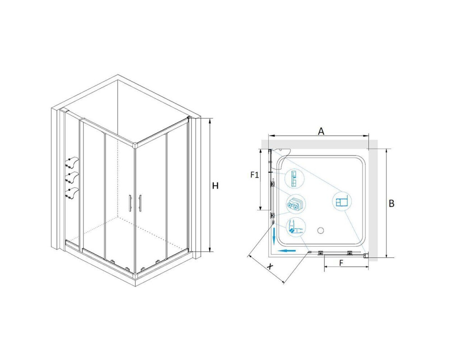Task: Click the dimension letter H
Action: pyautogui.click(x=215, y=186)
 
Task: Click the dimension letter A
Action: pyautogui.click(x=321, y=131)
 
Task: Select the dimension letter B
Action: pyautogui.click(x=391, y=203)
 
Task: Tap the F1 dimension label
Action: pyautogui.click(x=255, y=175)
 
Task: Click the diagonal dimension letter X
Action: pyautogui.click(x=270, y=266)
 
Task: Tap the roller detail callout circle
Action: pyautogui.click(x=295, y=204)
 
